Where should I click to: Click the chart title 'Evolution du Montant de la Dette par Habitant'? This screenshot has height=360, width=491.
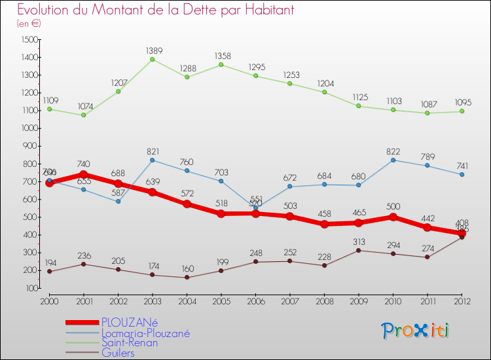(156, 10)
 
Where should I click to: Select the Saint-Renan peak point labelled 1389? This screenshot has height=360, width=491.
(152, 60)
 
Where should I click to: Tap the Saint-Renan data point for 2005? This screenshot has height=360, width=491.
(221, 65)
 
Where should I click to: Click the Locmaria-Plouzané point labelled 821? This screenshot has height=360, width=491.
(152, 160)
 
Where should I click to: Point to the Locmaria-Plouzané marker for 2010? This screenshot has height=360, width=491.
(393, 160)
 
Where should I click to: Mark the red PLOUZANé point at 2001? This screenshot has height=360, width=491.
(83, 175)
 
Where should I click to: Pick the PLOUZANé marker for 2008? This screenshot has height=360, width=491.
(324, 225)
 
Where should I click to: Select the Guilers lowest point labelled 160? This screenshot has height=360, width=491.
(187, 277)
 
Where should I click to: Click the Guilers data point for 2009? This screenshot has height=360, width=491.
(358, 250)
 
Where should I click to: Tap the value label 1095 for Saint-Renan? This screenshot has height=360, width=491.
(462, 103)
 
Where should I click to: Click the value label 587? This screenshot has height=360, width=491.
(118, 192)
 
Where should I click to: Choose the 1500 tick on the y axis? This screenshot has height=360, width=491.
(29, 40)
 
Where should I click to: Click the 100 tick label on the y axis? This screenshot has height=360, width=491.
(31, 288)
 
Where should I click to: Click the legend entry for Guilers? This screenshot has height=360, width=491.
(118, 353)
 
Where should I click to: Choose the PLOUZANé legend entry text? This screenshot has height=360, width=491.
(130, 322)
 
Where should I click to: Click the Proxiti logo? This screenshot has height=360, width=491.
(415, 331)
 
